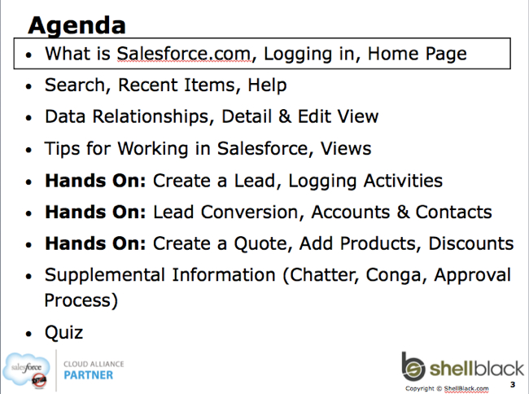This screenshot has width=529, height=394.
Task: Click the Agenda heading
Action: [x=77, y=26]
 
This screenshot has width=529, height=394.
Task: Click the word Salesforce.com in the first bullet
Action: [x=184, y=54]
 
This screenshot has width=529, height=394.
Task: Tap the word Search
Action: [x=75, y=85]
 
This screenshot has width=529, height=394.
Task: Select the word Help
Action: [x=267, y=85]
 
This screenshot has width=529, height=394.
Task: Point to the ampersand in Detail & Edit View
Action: [x=285, y=116]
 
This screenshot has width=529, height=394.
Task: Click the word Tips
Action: [x=63, y=149]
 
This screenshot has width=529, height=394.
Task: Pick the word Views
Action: [x=346, y=148]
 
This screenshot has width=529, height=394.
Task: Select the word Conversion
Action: [x=250, y=212]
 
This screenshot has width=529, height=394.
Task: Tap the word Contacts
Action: [x=453, y=212]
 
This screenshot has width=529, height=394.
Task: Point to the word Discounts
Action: [x=471, y=243]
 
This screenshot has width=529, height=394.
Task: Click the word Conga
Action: [x=393, y=276]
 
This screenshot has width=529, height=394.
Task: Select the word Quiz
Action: [x=63, y=333]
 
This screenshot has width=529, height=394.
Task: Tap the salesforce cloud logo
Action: [x=26, y=370]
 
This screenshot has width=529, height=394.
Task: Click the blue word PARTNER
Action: [x=89, y=375]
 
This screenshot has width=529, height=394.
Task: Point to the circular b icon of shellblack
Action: [x=413, y=367]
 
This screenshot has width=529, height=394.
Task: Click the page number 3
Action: [x=513, y=384]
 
